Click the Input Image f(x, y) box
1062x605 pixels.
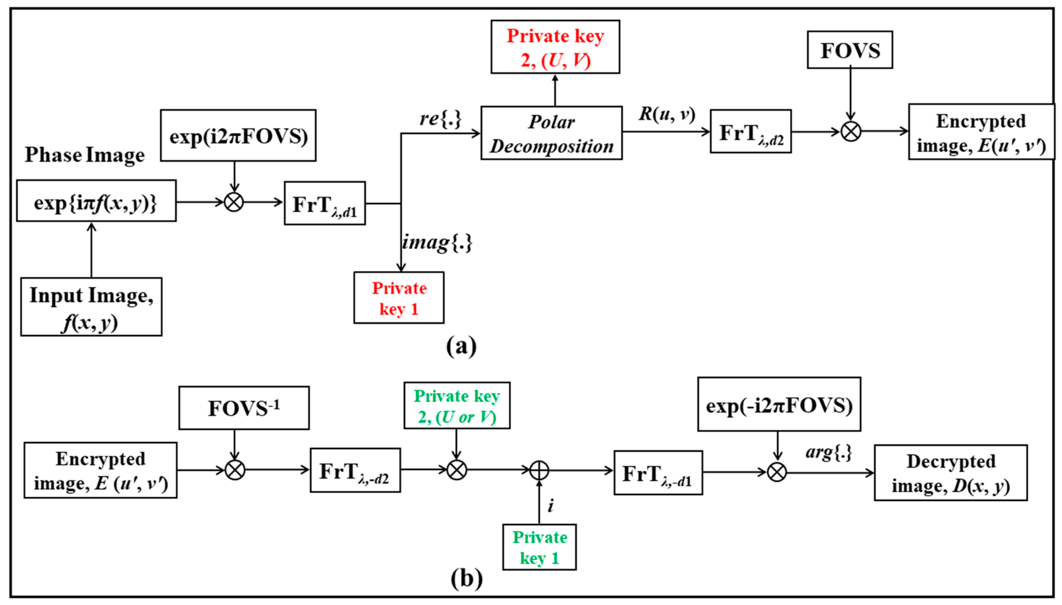pyautogui.click(x=91, y=307)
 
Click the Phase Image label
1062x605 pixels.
pyautogui.click(x=84, y=155)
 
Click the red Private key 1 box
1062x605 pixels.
pyautogui.click(x=398, y=298)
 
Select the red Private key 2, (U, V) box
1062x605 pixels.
pyautogui.click(x=555, y=47)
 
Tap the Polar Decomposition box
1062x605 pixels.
pyautogui.click(x=551, y=133)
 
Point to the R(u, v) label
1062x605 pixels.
pyautogui.click(x=667, y=114)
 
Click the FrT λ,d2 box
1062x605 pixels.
pyautogui.click(x=751, y=132)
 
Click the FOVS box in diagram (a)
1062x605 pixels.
pyautogui.click(x=849, y=50)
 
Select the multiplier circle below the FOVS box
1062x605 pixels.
pyautogui.click(x=851, y=132)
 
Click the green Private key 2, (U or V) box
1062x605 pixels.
pyautogui.click(x=457, y=406)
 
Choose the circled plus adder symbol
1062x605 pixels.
pyautogui.click(x=539, y=471)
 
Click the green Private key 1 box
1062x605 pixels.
pyautogui.click(x=539, y=547)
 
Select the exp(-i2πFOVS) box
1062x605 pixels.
pyautogui.click(x=779, y=404)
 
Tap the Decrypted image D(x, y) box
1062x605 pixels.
pyautogui.click(x=951, y=473)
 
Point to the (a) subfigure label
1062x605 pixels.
pyautogui.click(x=461, y=346)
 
